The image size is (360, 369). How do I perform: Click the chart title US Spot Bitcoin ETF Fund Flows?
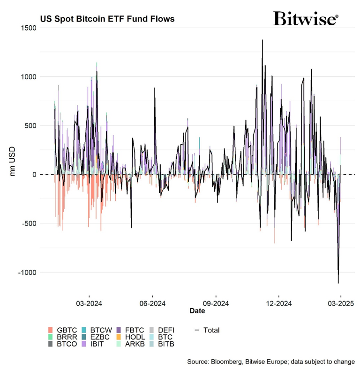coord(107,19)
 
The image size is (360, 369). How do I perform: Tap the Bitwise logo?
coord(305,19)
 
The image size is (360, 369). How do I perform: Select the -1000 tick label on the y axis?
coord(26,272)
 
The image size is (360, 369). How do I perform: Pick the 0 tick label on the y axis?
coord(34,175)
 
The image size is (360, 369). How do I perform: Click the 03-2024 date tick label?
coord(89,303)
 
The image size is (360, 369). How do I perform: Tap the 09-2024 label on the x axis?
coord(216,303)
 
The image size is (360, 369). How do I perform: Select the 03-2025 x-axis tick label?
coord(340,303)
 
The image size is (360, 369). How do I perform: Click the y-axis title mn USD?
coord(14,162)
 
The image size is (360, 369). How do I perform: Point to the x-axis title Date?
coord(197,311)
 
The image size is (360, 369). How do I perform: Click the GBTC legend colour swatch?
coord(51,330)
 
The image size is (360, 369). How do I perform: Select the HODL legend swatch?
coord(119,337)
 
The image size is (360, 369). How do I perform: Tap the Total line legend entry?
coord(206,330)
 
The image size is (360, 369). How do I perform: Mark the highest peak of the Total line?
coord(262,40)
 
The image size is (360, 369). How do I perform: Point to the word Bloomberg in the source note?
coord(226,362)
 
